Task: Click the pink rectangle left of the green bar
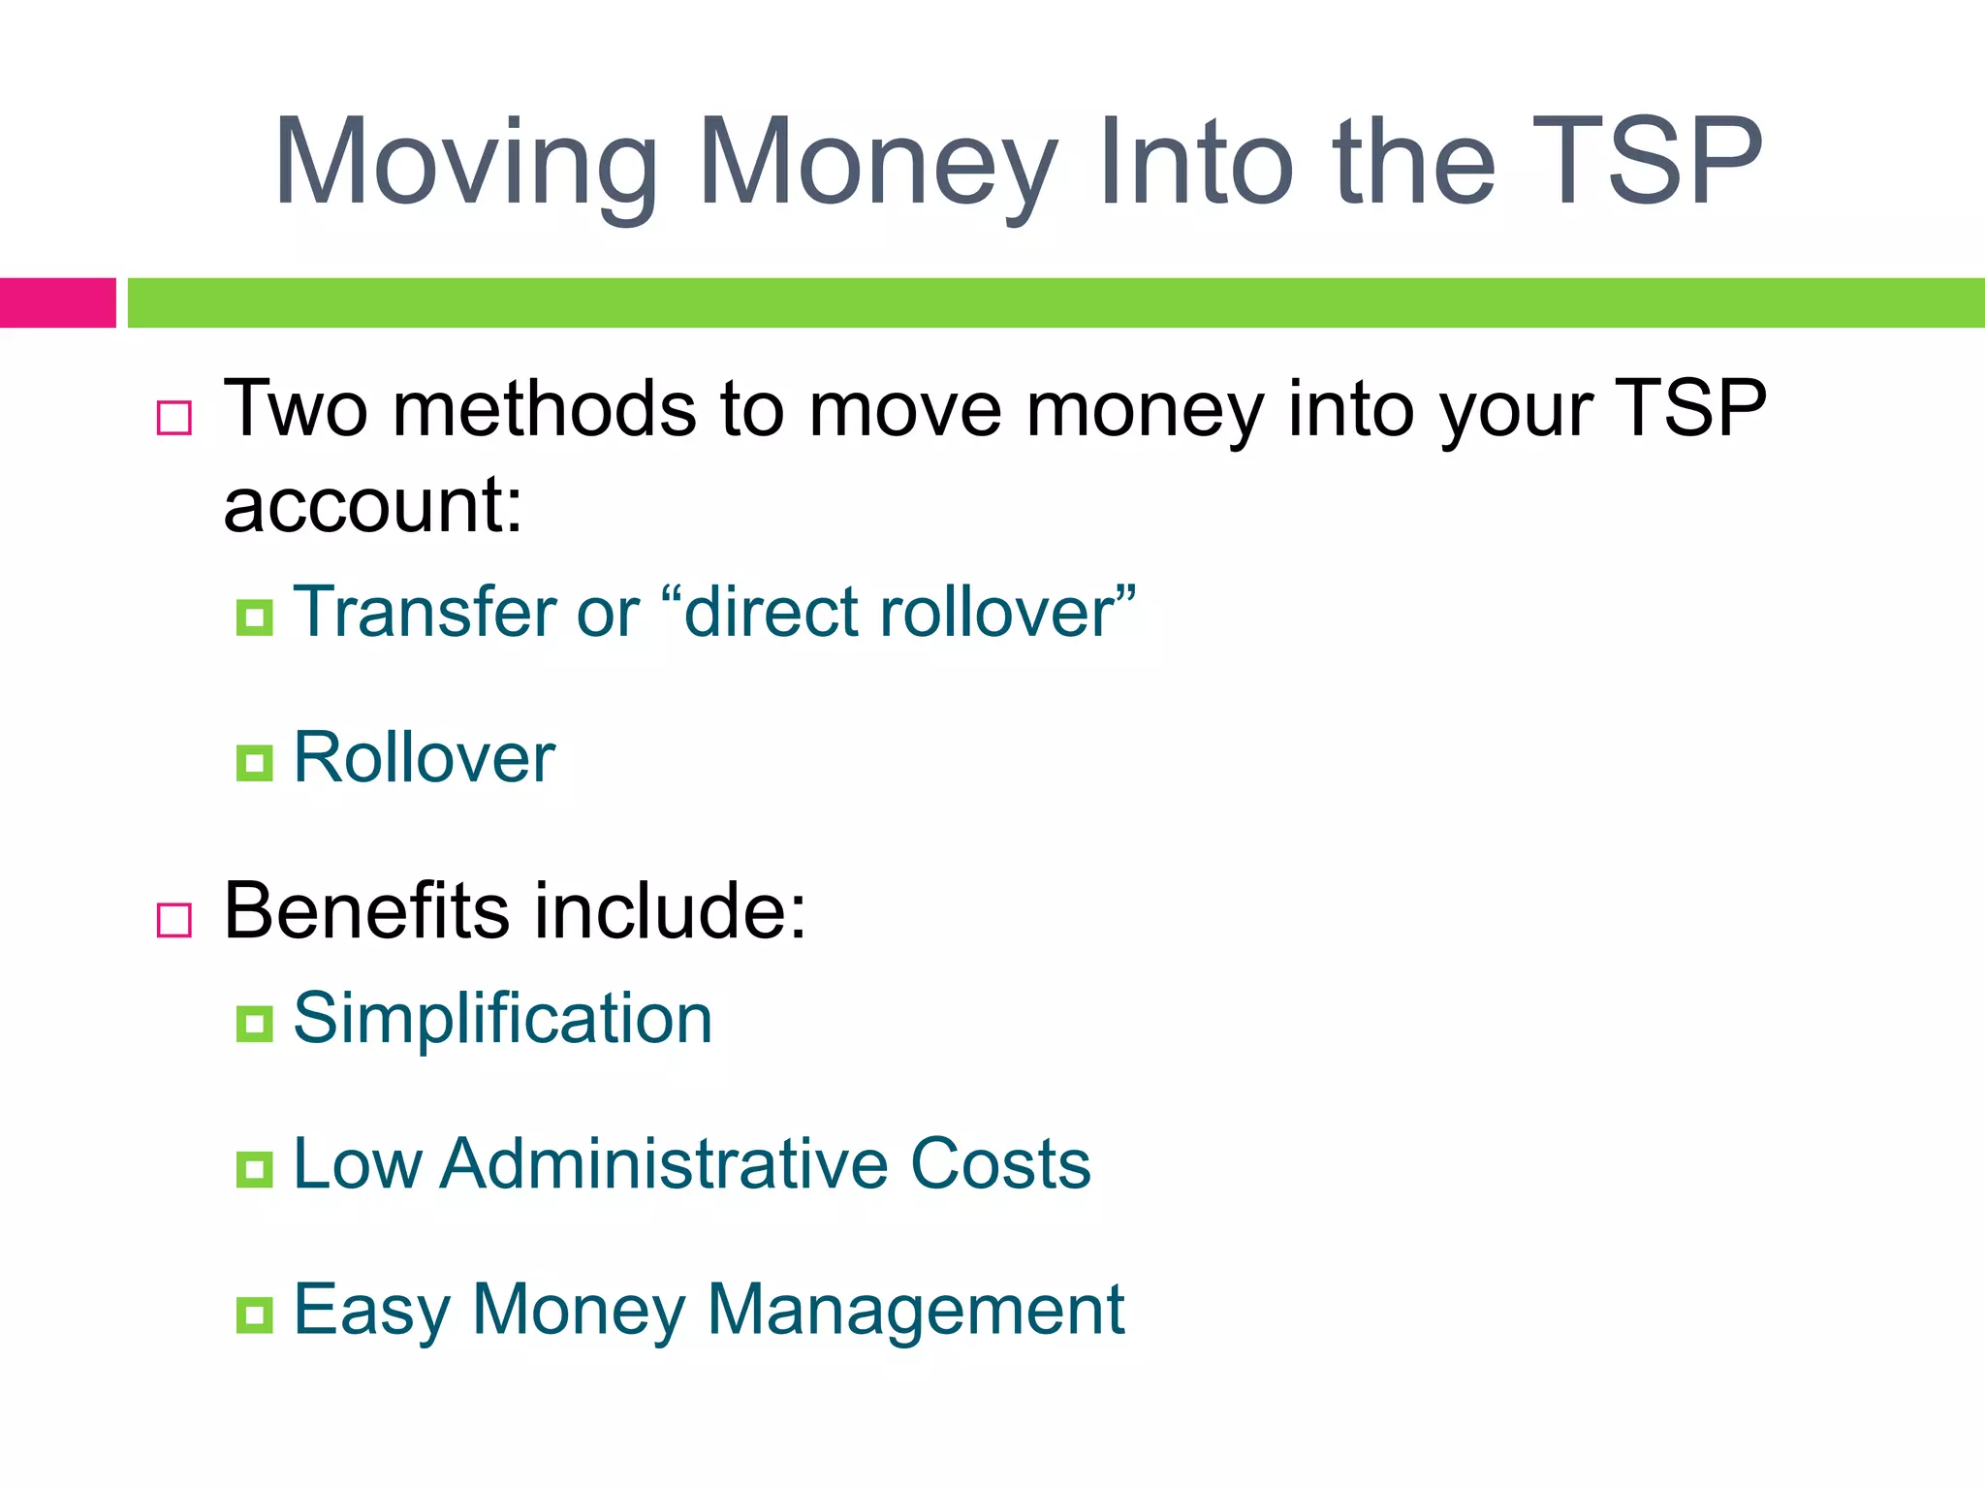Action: pos(57,302)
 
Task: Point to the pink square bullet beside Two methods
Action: pos(174,418)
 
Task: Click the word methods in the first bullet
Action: pos(544,410)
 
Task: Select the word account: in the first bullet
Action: pos(373,506)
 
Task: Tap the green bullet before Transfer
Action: pos(254,618)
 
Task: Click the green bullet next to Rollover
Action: pos(254,763)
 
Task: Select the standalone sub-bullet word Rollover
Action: pos(425,758)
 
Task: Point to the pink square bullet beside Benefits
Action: pos(174,920)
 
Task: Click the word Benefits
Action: pos(366,911)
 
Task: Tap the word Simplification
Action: pos(503,1020)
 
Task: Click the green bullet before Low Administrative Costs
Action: pos(254,1169)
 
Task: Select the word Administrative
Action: pos(663,1164)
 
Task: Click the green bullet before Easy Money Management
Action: pos(254,1315)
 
